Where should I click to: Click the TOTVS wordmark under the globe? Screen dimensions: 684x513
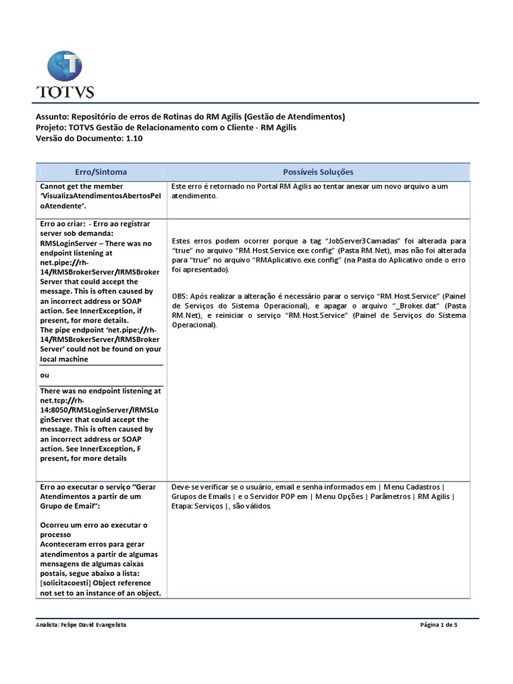point(65,92)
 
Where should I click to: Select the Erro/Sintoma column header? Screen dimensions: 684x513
point(101,172)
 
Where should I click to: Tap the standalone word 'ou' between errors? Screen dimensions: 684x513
point(45,375)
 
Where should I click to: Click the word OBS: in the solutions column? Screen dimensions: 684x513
point(180,296)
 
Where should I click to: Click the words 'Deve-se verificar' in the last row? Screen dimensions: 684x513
point(200,487)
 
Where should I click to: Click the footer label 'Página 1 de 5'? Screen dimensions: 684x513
point(439,625)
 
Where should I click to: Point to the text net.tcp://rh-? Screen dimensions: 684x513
point(66,400)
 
